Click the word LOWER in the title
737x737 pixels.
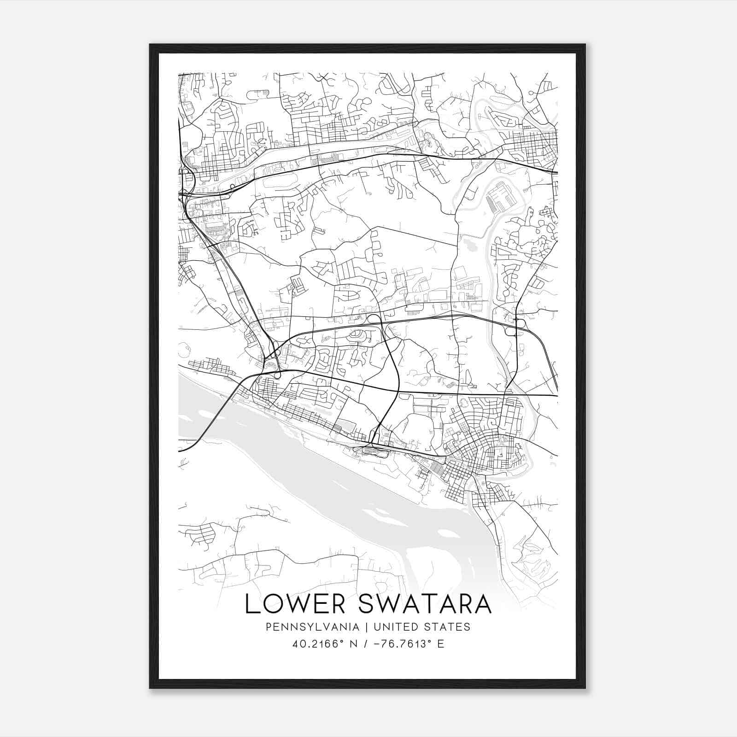pos(295,604)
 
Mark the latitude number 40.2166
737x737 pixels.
pos(313,644)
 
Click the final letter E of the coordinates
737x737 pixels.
pos(441,644)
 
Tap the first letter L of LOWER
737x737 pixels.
pos(251,604)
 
